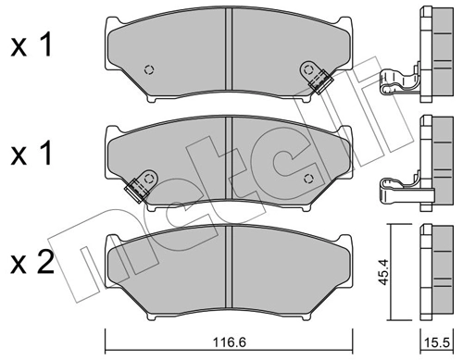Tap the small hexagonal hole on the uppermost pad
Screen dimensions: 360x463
[x=151, y=70]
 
